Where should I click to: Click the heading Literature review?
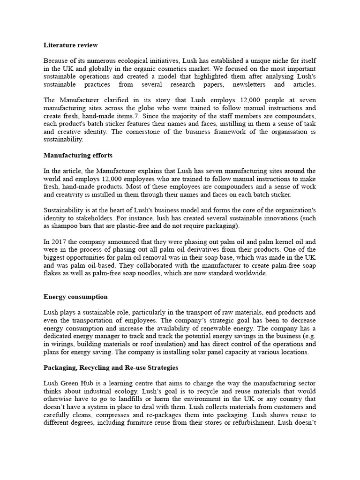[71, 45]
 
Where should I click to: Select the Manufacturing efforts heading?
[78, 155]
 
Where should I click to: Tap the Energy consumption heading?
[75, 297]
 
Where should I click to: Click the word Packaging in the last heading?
[59, 368]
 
